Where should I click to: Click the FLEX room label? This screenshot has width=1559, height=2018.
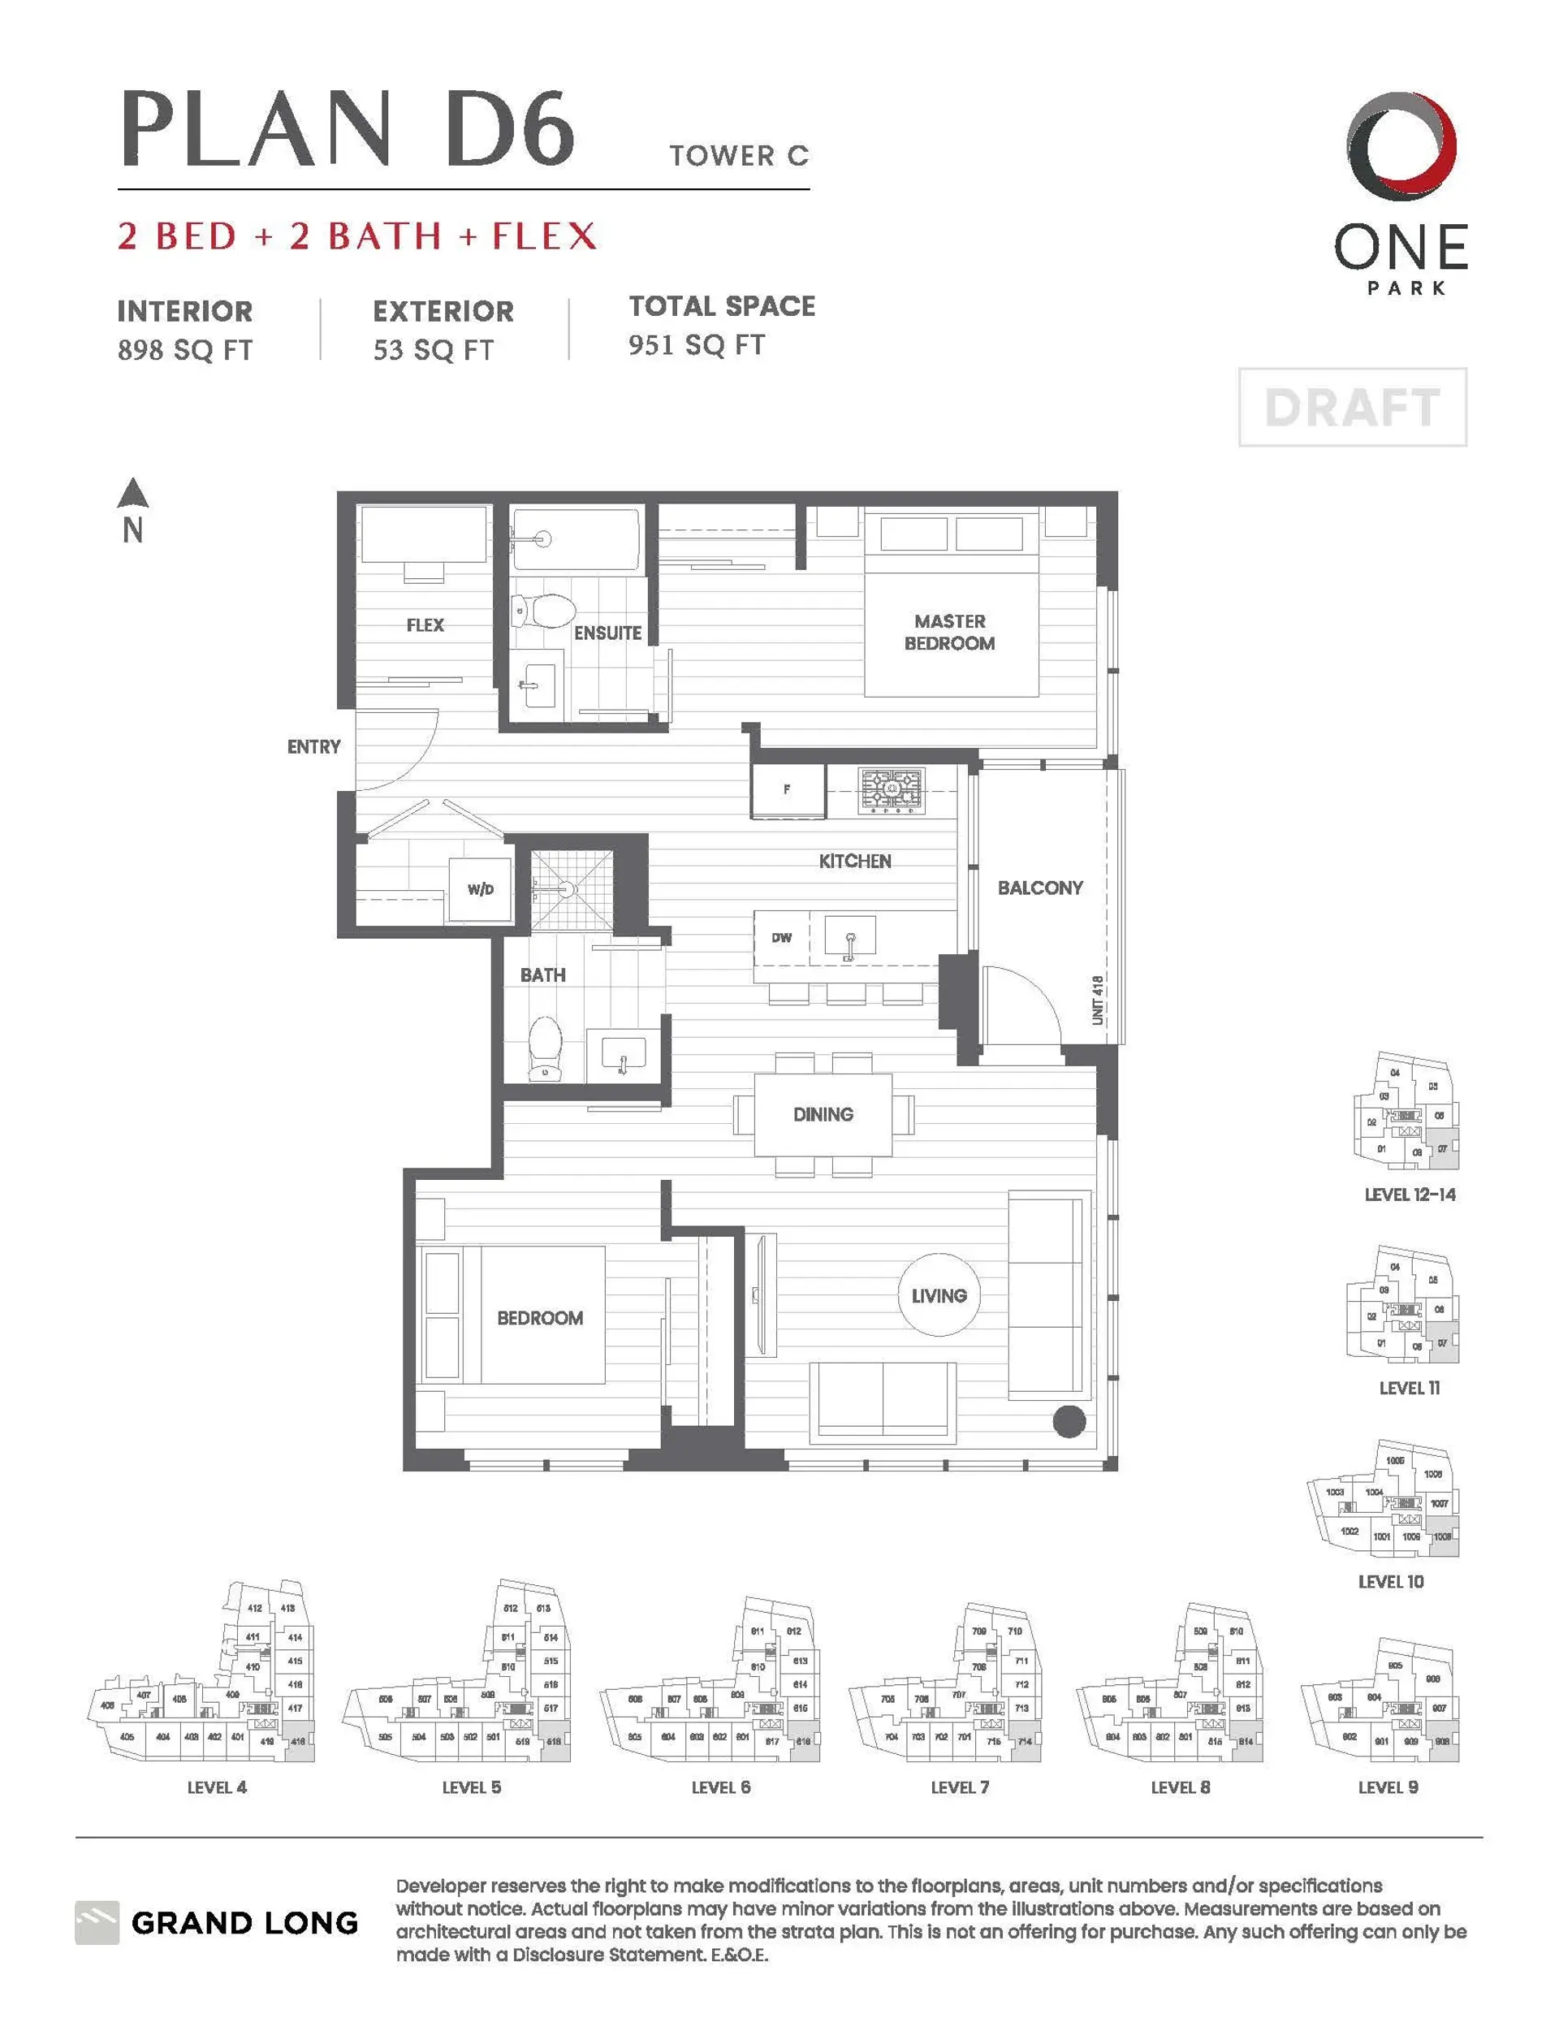[x=425, y=625]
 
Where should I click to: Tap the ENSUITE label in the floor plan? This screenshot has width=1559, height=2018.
[x=607, y=633]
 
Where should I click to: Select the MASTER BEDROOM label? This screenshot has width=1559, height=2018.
[x=949, y=632]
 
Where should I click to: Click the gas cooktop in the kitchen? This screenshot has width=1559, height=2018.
[x=891, y=790]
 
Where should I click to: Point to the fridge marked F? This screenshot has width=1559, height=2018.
[x=788, y=790]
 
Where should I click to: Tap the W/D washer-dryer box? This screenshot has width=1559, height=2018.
[x=481, y=889]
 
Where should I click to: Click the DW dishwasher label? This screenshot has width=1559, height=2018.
[x=782, y=937]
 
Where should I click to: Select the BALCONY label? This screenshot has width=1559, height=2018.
[x=1039, y=888]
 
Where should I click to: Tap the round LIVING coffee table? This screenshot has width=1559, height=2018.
[x=939, y=1295]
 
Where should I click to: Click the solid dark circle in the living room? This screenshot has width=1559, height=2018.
[x=1069, y=1421]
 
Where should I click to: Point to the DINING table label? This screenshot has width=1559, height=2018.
[x=823, y=1114]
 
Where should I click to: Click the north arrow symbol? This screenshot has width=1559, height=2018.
[x=133, y=495]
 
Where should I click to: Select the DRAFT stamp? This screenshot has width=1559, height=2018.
[x=1352, y=408]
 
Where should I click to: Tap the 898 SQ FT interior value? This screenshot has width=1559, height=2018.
[x=185, y=350]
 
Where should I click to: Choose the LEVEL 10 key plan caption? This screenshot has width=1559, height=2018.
[x=1391, y=1582]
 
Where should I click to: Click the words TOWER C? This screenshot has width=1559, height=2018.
[x=739, y=156]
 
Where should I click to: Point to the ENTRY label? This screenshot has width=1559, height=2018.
[x=313, y=746]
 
